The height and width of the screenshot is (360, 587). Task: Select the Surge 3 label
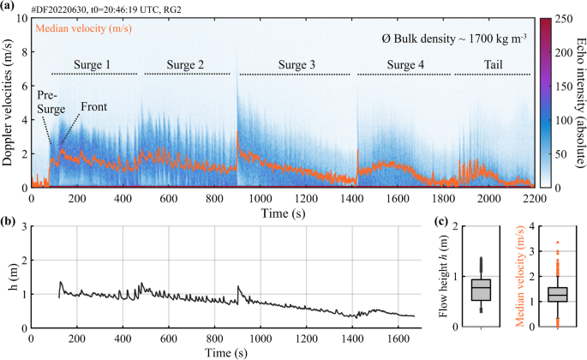(295, 65)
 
